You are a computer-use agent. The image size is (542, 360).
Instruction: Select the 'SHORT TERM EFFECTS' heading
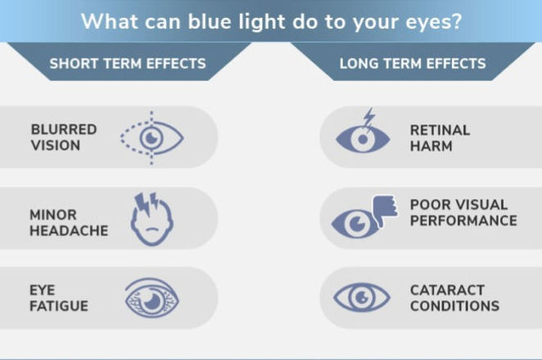[128, 63]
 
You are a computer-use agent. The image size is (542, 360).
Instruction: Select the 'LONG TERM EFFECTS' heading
[413, 63]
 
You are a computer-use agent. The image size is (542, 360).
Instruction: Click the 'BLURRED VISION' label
[64, 137]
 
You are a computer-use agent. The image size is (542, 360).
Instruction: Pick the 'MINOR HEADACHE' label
[69, 223]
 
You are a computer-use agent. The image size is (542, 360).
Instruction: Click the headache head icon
[152, 219]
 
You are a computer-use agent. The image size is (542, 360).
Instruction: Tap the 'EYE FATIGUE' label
[59, 298]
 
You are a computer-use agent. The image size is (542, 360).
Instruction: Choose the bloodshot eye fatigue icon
[152, 298]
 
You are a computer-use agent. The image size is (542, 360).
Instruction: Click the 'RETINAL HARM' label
[440, 137]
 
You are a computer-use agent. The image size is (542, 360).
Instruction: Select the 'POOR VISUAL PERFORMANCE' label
[463, 213]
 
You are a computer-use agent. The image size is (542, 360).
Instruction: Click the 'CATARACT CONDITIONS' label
[454, 298]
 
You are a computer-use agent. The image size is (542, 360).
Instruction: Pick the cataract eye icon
[363, 296]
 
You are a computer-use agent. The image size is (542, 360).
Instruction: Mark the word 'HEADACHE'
[69, 232]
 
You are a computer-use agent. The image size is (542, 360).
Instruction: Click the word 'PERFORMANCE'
[463, 221]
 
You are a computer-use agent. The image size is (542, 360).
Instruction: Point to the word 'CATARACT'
[447, 290]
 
